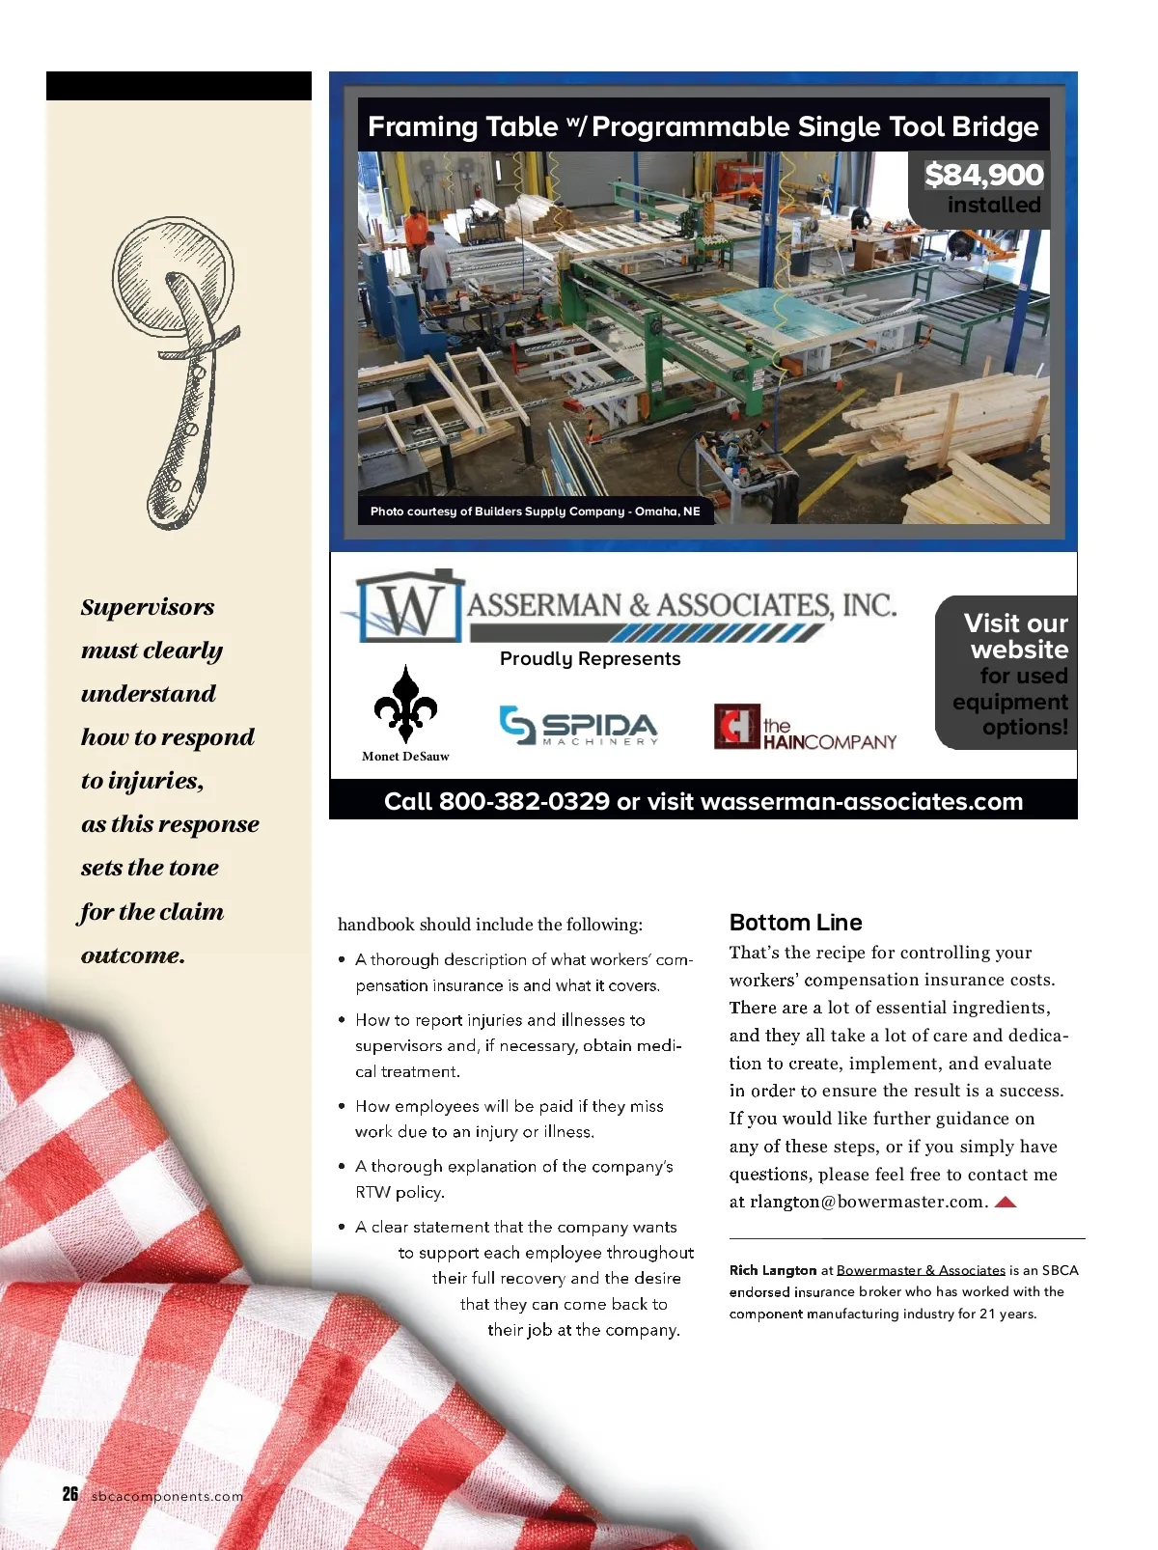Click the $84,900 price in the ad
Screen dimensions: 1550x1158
(983, 175)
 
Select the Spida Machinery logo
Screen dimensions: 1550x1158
(579, 726)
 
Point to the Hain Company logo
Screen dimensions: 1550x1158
(806, 728)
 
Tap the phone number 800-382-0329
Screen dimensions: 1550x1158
(524, 802)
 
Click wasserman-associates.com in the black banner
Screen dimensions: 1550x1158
(861, 802)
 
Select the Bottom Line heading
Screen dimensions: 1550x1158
(795, 922)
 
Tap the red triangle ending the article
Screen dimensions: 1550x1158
(1006, 1202)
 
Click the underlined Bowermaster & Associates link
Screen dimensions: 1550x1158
(921, 1270)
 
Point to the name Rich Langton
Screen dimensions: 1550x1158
(773, 1270)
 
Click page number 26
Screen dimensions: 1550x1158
(70, 1494)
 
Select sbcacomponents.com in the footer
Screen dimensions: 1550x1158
(167, 1496)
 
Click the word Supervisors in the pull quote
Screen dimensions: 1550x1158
(148, 607)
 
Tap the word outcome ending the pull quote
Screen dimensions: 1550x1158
(132, 955)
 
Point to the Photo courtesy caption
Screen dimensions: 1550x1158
(535, 512)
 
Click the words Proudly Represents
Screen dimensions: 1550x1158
(590, 658)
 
